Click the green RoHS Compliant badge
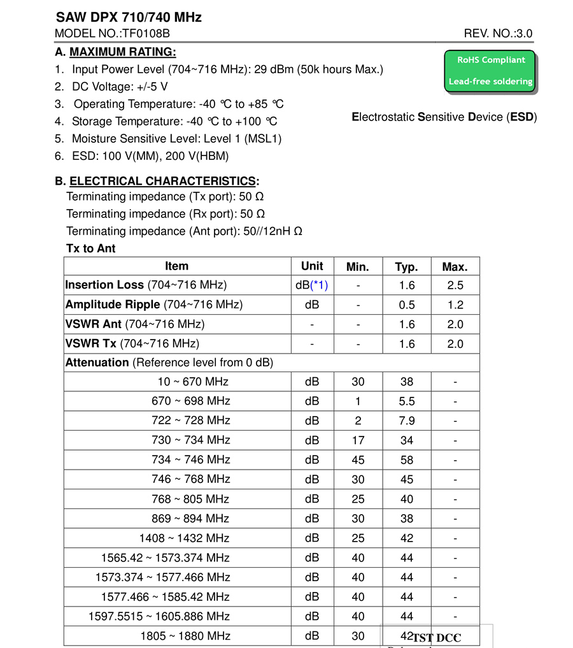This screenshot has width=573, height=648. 490,71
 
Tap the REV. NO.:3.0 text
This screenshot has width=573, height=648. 498,34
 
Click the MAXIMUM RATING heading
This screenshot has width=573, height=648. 122,52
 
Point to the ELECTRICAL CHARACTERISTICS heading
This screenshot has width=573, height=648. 162,181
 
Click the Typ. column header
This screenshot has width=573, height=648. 406,267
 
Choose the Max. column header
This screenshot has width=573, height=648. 455,267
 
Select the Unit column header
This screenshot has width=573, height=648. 312,266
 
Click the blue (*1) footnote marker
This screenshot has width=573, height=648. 319,285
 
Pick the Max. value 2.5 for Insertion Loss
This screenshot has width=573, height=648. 455,285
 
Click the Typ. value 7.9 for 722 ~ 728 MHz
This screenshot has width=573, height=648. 407,421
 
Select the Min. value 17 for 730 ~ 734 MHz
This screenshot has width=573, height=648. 358,440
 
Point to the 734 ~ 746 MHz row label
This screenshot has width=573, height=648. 190,459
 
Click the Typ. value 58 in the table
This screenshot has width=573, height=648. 407,460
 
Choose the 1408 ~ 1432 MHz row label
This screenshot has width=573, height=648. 185,538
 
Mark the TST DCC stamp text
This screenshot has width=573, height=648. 437,638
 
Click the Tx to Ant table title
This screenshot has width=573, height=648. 91,248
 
